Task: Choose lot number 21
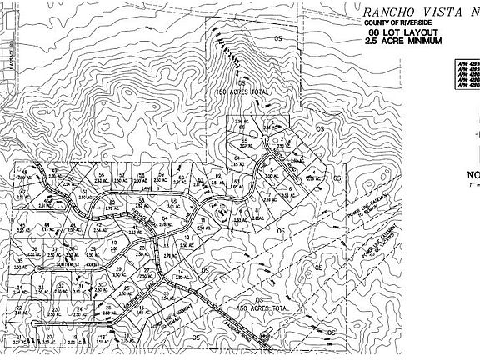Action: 17,337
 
